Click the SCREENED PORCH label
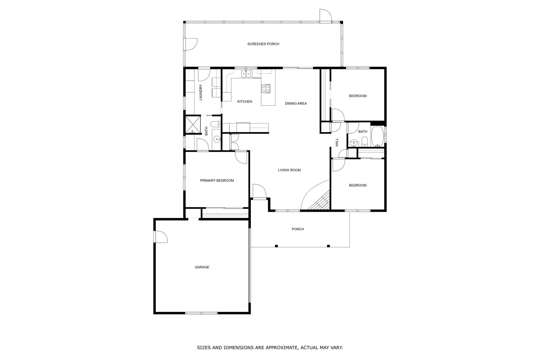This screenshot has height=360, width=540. (263, 44)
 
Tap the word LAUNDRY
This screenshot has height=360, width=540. (201, 92)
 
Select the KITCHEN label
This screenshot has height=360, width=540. (245, 102)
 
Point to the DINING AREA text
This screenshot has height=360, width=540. (296, 103)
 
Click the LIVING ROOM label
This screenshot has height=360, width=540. (289, 170)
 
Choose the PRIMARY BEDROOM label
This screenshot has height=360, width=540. (217, 181)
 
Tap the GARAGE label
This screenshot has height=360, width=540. (202, 267)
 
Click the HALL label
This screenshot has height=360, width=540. (337, 142)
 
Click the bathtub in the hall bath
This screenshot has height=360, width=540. (377, 136)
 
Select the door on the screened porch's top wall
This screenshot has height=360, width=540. (325, 16)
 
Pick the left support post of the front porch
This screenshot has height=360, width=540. (276, 246)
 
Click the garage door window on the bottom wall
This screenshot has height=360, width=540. (201, 313)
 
